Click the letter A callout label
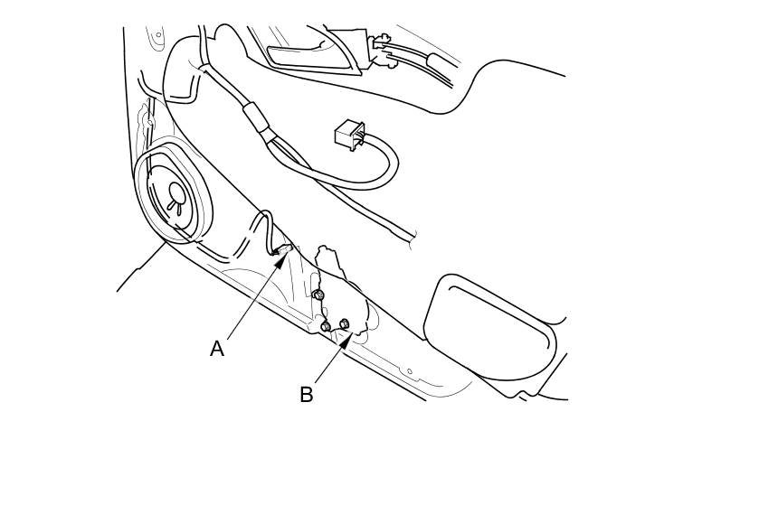(x=217, y=349)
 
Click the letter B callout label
(x=307, y=395)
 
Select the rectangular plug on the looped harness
(x=349, y=136)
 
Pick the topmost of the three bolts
(x=318, y=295)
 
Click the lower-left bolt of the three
(x=326, y=326)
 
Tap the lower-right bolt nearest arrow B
(x=344, y=323)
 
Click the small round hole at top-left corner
(x=158, y=36)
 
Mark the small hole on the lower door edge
(x=409, y=371)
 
